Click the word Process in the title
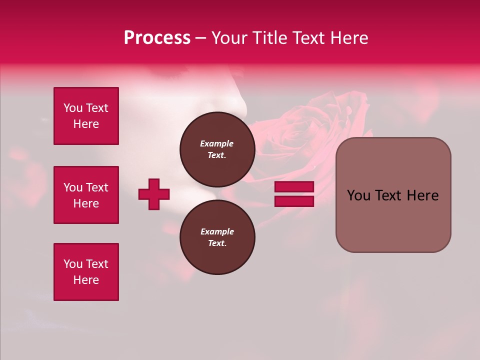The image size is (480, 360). tap(157, 38)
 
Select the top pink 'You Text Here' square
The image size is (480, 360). tap(86, 116)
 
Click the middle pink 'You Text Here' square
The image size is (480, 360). tap(86, 195)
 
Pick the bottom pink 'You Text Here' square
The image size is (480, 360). tap(86, 272)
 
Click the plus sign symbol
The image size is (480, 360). tap(154, 194)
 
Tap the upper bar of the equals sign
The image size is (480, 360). tap(294, 186)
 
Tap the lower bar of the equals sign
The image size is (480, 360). tap(294, 201)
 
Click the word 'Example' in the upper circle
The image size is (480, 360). tap(217, 143)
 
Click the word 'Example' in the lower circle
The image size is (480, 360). tap(217, 231)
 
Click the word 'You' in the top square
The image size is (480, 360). tap(72, 108)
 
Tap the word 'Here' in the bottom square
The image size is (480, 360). tap(86, 280)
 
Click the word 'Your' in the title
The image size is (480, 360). tap(230, 38)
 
